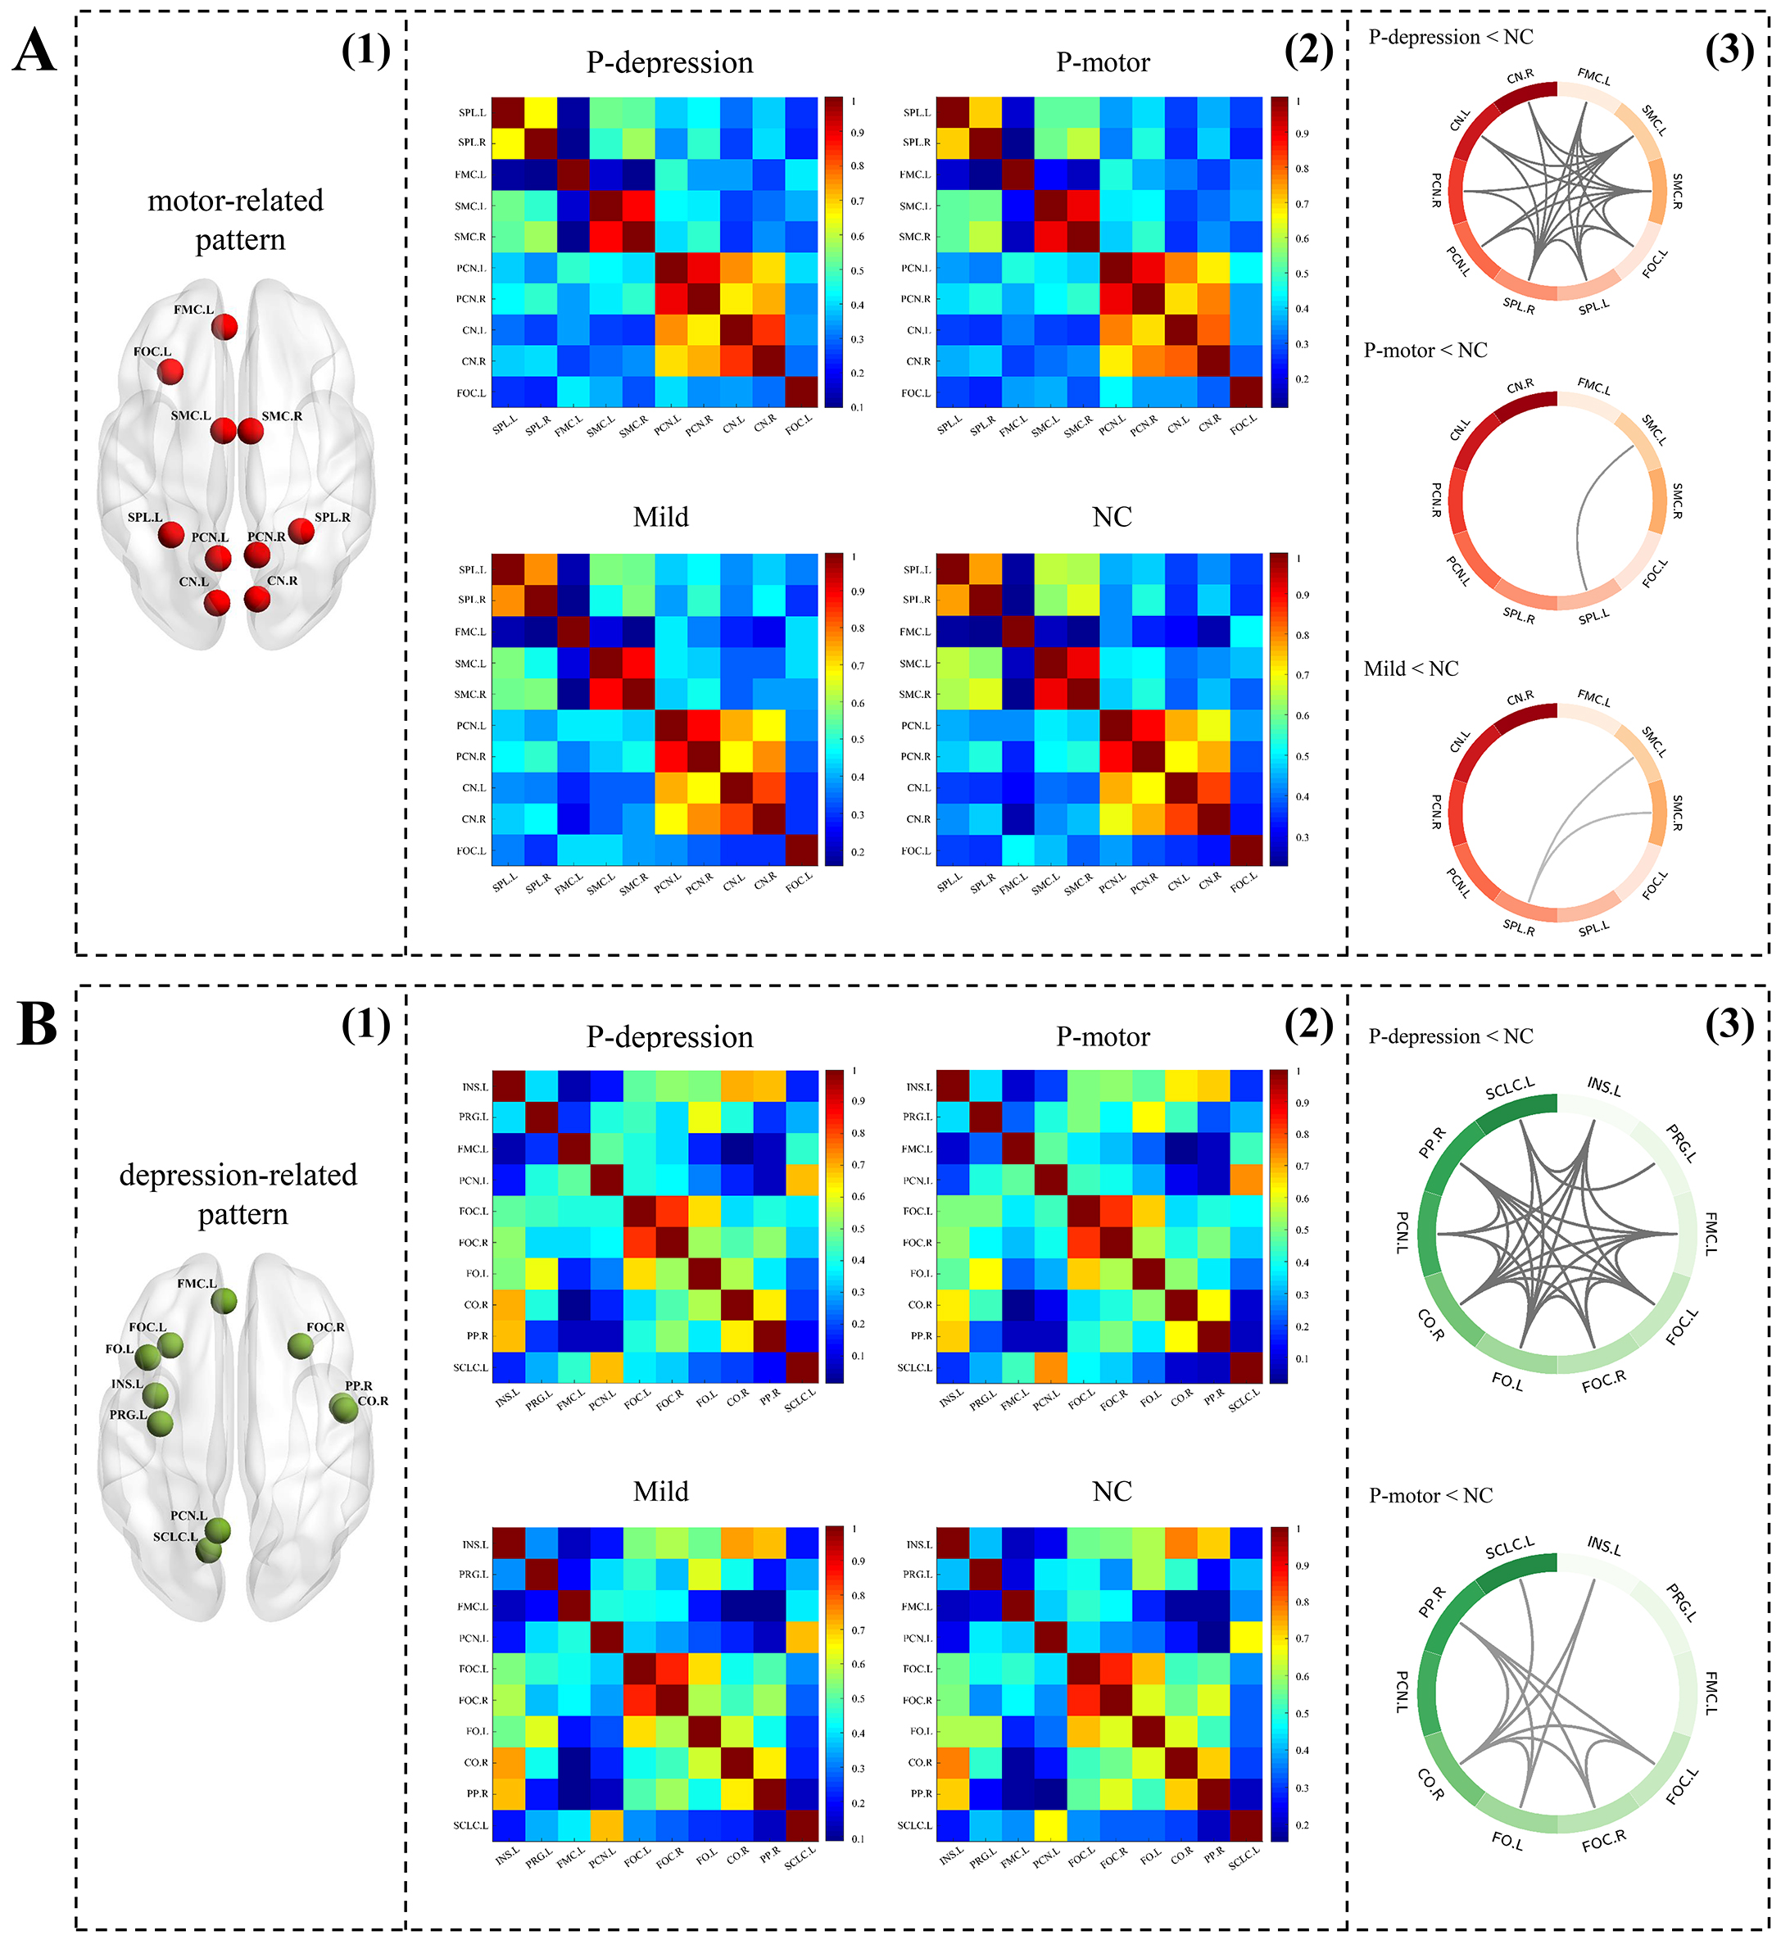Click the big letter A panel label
pos(35,50)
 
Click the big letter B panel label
pos(37,1025)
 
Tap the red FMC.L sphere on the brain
pos(224,326)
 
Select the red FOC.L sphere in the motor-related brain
pos(170,371)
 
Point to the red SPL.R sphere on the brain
pos(301,531)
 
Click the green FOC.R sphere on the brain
pos(301,1345)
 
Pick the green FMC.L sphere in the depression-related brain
pos(224,1301)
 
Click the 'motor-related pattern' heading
pos(236,220)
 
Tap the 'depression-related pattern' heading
pos(238,1194)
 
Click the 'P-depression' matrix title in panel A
pos(669,63)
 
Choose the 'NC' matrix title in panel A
pos(1111,517)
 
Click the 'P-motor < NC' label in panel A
pos(1425,351)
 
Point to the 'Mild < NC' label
pos(1411,669)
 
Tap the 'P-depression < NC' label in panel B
pos(1450,1036)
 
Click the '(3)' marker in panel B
pos(1729,1025)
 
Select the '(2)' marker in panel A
pos(1308,50)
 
